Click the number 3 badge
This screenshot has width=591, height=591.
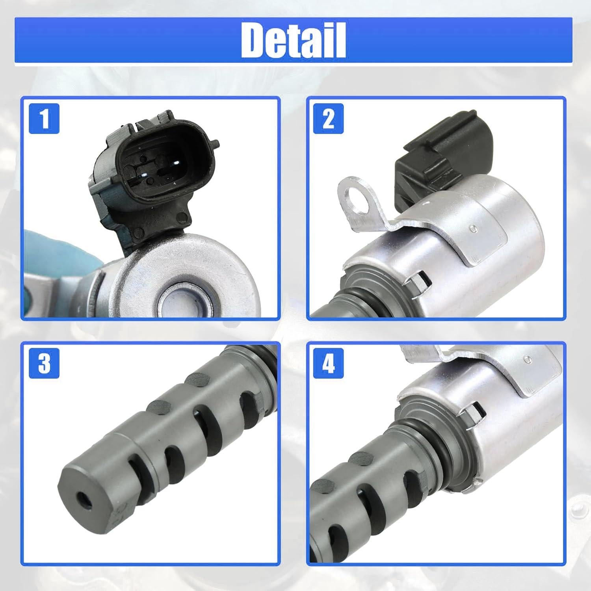click(x=45, y=363)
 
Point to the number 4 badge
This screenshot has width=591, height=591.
click(x=328, y=363)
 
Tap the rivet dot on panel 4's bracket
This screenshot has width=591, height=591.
click(x=527, y=359)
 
